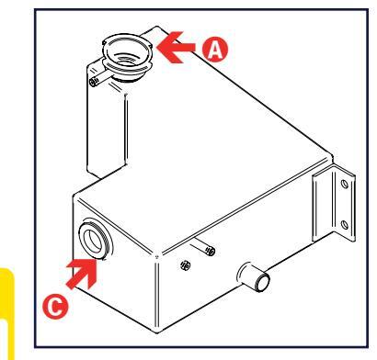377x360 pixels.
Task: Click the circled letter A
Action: tap(215, 50)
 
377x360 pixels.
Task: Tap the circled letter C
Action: tap(55, 307)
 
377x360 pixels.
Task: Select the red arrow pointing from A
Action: tap(176, 47)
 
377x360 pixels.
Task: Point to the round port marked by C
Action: tap(96, 240)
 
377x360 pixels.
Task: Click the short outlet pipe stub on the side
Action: tap(254, 277)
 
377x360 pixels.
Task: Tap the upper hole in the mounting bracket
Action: tap(345, 185)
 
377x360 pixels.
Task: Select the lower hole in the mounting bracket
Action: tap(345, 225)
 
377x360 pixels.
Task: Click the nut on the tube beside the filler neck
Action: tap(94, 82)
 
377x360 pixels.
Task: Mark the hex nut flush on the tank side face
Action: tap(186, 264)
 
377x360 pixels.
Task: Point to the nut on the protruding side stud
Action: tap(211, 251)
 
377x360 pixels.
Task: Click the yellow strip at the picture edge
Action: tap(6, 313)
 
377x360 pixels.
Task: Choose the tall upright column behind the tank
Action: tap(106, 121)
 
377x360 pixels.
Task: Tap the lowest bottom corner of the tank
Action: tap(157, 332)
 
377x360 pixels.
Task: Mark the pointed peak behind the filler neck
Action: tap(157, 27)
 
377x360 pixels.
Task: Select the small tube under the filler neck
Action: tap(102, 79)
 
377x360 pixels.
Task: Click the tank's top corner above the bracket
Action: tap(332, 156)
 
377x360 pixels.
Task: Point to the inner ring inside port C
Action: tap(94, 241)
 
